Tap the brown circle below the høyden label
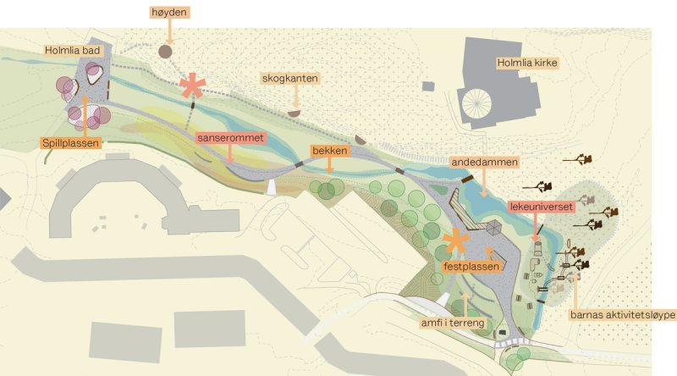click(166, 52)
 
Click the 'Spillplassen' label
click(72, 143)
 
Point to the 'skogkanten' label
click(290, 79)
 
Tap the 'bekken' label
click(330, 151)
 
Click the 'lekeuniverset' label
click(542, 206)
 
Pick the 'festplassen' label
click(472, 266)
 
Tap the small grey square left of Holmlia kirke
click(428, 86)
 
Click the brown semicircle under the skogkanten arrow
click(294, 113)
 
